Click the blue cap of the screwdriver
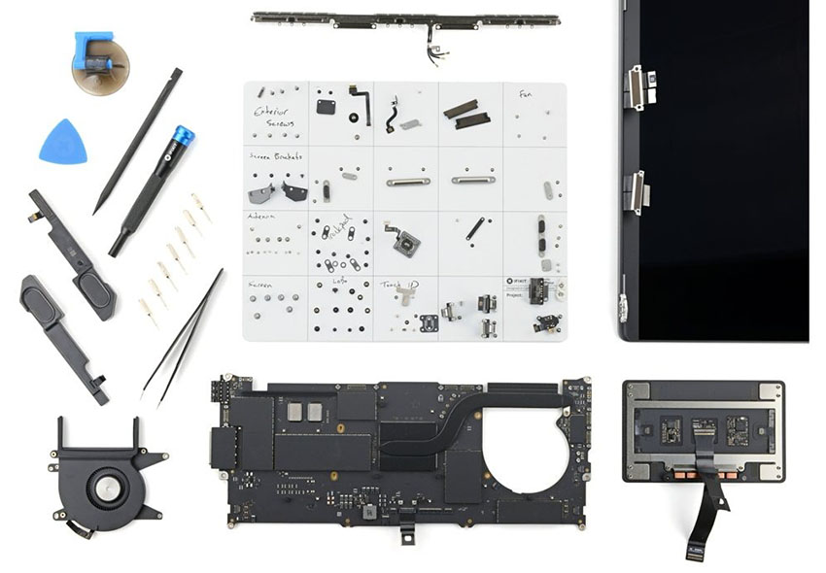(181, 137)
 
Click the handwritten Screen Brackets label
(274, 156)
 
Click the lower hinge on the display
(637, 188)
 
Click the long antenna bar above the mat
(404, 19)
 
